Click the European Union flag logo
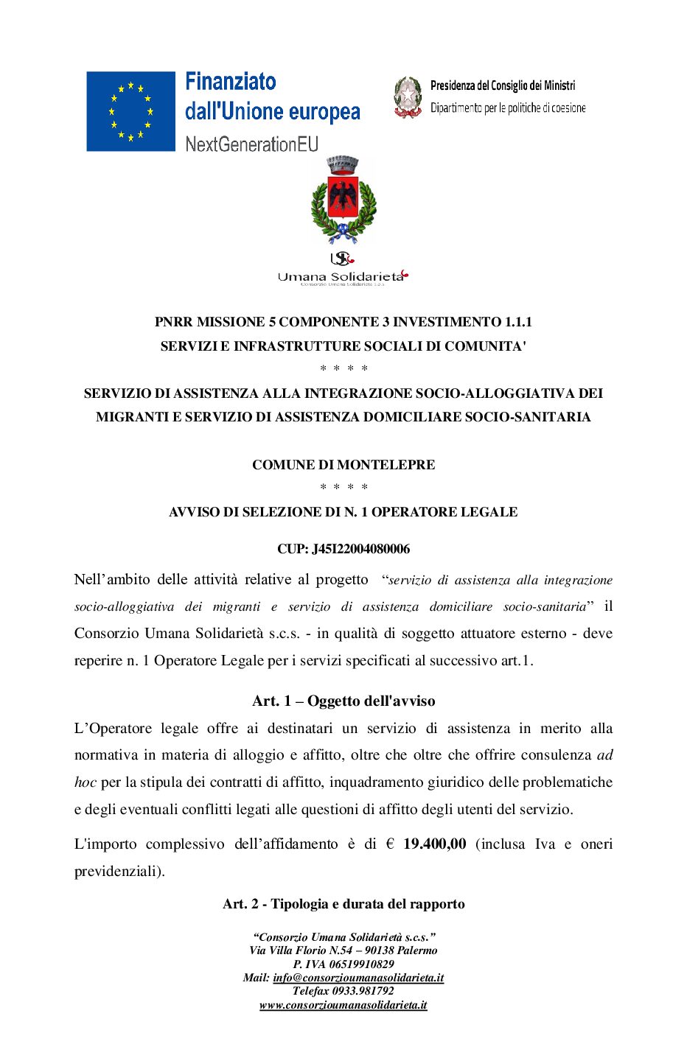130,111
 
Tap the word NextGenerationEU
251,144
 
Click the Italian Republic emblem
407,97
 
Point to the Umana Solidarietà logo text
341,276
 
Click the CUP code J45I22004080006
360,549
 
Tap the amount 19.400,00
434,844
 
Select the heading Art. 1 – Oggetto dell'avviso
343,701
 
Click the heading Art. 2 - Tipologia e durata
343,904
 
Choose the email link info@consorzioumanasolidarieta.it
358,978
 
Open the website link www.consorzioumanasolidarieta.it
343,1005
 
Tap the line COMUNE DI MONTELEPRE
343,465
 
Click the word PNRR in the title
174,322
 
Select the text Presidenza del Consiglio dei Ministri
503,86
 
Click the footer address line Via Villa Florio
343,950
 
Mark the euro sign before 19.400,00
390,844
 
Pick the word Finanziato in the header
231,82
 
